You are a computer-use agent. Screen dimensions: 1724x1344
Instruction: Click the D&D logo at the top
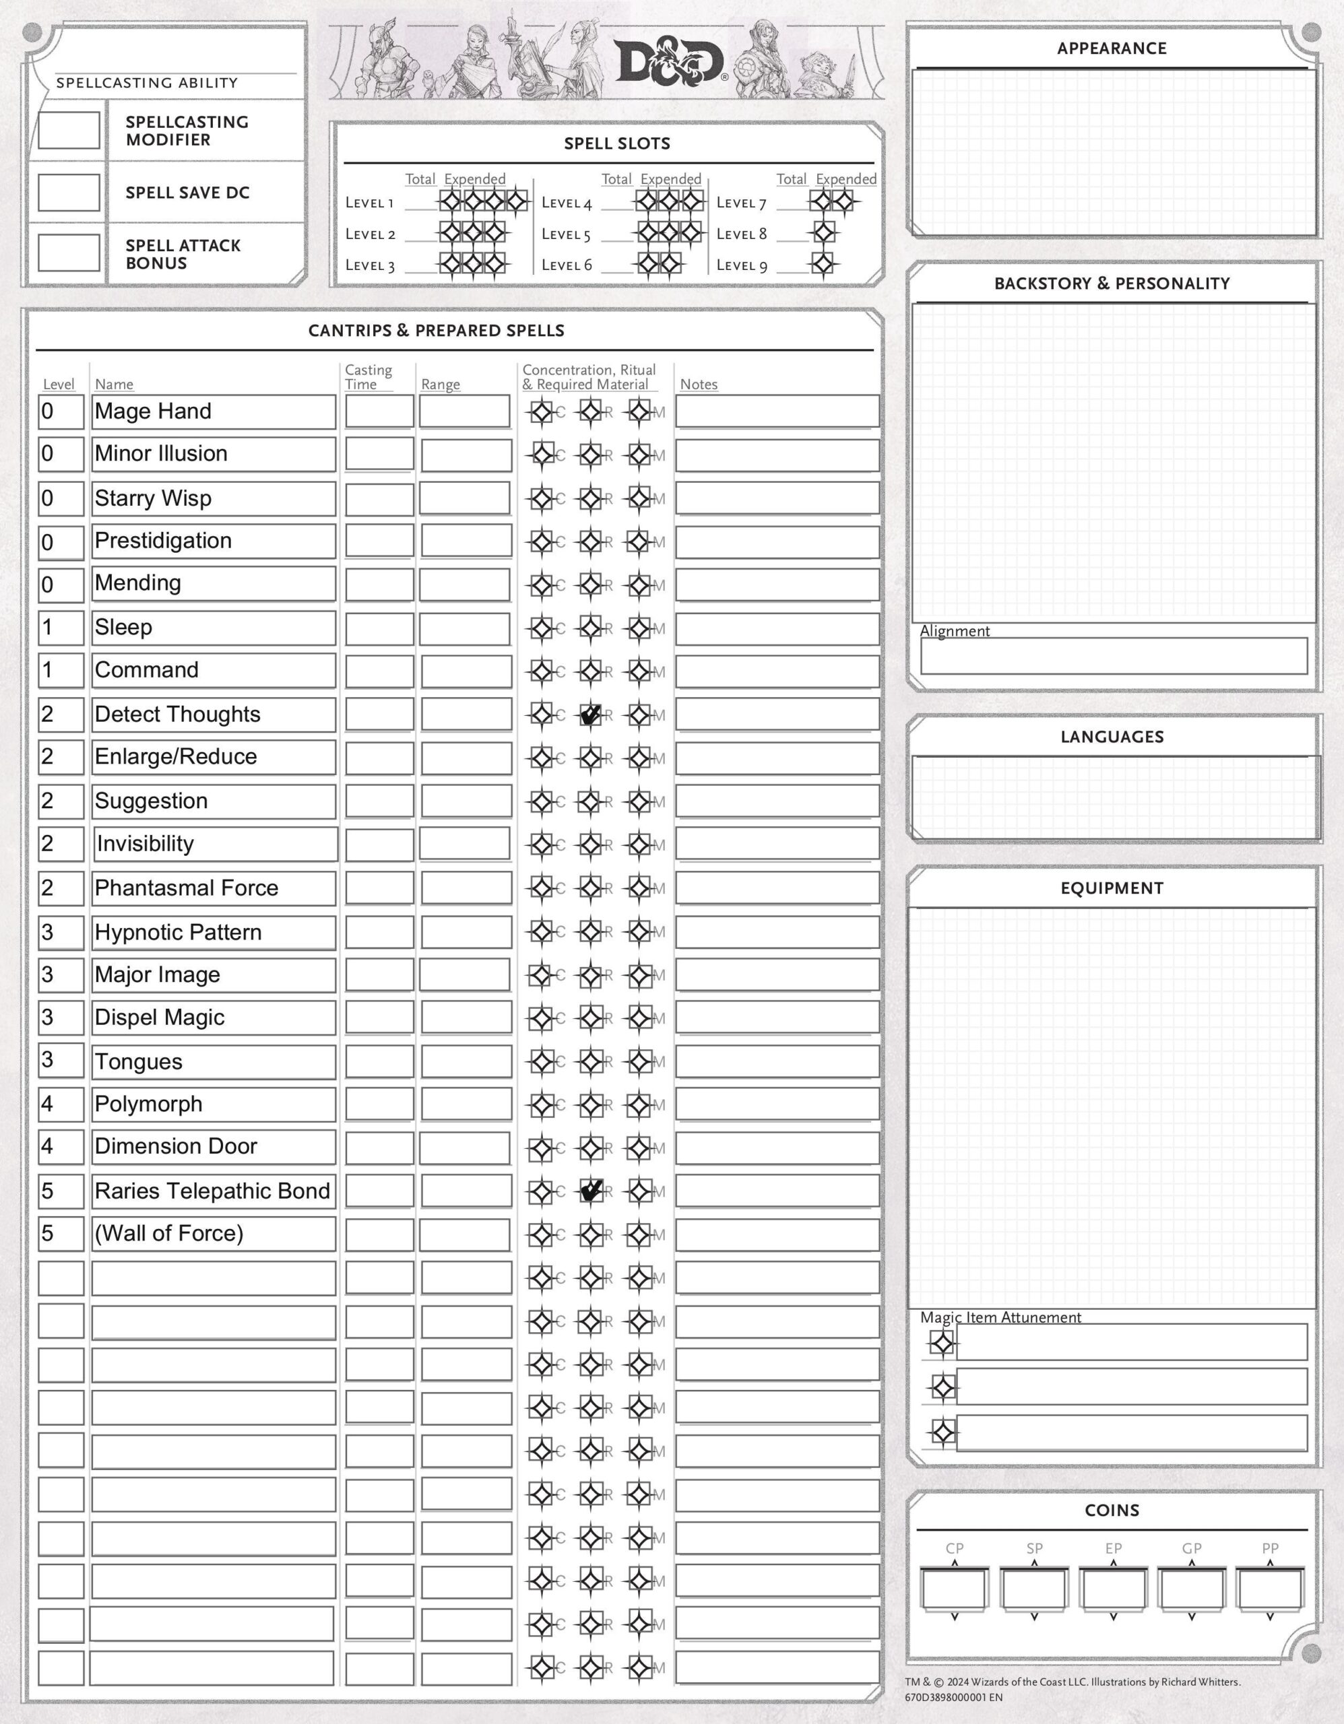[669, 61]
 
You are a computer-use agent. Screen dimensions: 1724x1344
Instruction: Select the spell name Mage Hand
[153, 411]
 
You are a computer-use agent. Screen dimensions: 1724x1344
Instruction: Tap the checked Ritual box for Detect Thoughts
[591, 715]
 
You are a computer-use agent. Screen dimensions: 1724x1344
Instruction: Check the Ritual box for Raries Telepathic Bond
[591, 1191]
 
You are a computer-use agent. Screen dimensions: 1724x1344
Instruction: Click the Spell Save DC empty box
[69, 192]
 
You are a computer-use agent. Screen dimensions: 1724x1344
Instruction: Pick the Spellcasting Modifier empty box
[69, 130]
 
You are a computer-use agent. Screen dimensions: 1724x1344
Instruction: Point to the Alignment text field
[1113, 656]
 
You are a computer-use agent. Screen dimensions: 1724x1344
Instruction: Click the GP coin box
[1191, 1590]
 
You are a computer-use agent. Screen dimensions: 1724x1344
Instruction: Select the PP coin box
[1270, 1590]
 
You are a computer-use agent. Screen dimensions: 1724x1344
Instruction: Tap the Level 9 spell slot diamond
[823, 264]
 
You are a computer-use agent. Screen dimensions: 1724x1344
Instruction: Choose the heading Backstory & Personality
[1111, 284]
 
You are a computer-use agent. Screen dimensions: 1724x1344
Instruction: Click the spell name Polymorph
[148, 1104]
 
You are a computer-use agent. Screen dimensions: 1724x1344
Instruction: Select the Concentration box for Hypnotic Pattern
[542, 931]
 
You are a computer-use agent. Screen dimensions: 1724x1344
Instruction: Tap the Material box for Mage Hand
[639, 411]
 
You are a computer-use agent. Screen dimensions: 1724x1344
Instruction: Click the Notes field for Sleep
[777, 628]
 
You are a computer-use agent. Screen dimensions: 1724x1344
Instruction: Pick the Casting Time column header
[368, 376]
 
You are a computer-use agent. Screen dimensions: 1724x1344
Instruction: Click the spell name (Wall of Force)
[169, 1234]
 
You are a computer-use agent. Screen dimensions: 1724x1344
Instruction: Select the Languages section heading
[1111, 737]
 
